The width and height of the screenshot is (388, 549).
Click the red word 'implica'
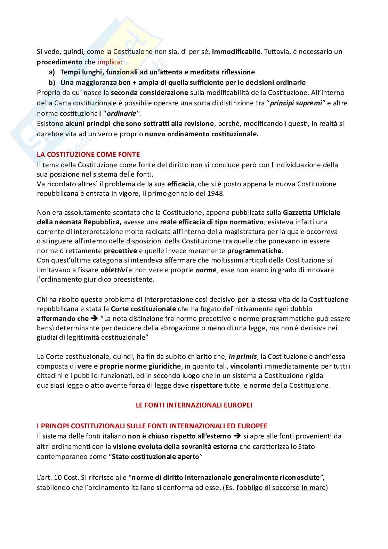[x=108, y=62]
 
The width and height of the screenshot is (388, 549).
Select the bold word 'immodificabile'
[x=236, y=52]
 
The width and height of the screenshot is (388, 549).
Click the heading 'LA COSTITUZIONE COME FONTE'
[x=88, y=154]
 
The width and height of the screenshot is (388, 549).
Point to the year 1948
[x=215, y=194]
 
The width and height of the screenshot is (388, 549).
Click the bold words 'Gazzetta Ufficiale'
[x=312, y=212]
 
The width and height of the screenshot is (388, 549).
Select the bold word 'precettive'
[x=120, y=251]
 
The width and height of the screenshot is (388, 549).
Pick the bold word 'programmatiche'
[x=254, y=251]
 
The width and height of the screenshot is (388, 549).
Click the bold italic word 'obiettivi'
[x=114, y=270]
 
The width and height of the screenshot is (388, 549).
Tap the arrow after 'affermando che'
[x=95, y=318]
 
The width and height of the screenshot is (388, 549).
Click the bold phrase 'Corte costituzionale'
[x=143, y=309]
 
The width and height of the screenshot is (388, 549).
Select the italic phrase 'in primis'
[x=243, y=356]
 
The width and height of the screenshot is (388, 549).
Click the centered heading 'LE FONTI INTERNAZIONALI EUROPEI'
[x=194, y=405]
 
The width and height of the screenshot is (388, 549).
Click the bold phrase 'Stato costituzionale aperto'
[x=155, y=457]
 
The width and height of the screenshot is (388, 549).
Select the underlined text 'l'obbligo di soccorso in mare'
[x=281, y=487]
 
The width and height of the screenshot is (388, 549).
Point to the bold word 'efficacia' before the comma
[x=180, y=184]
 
